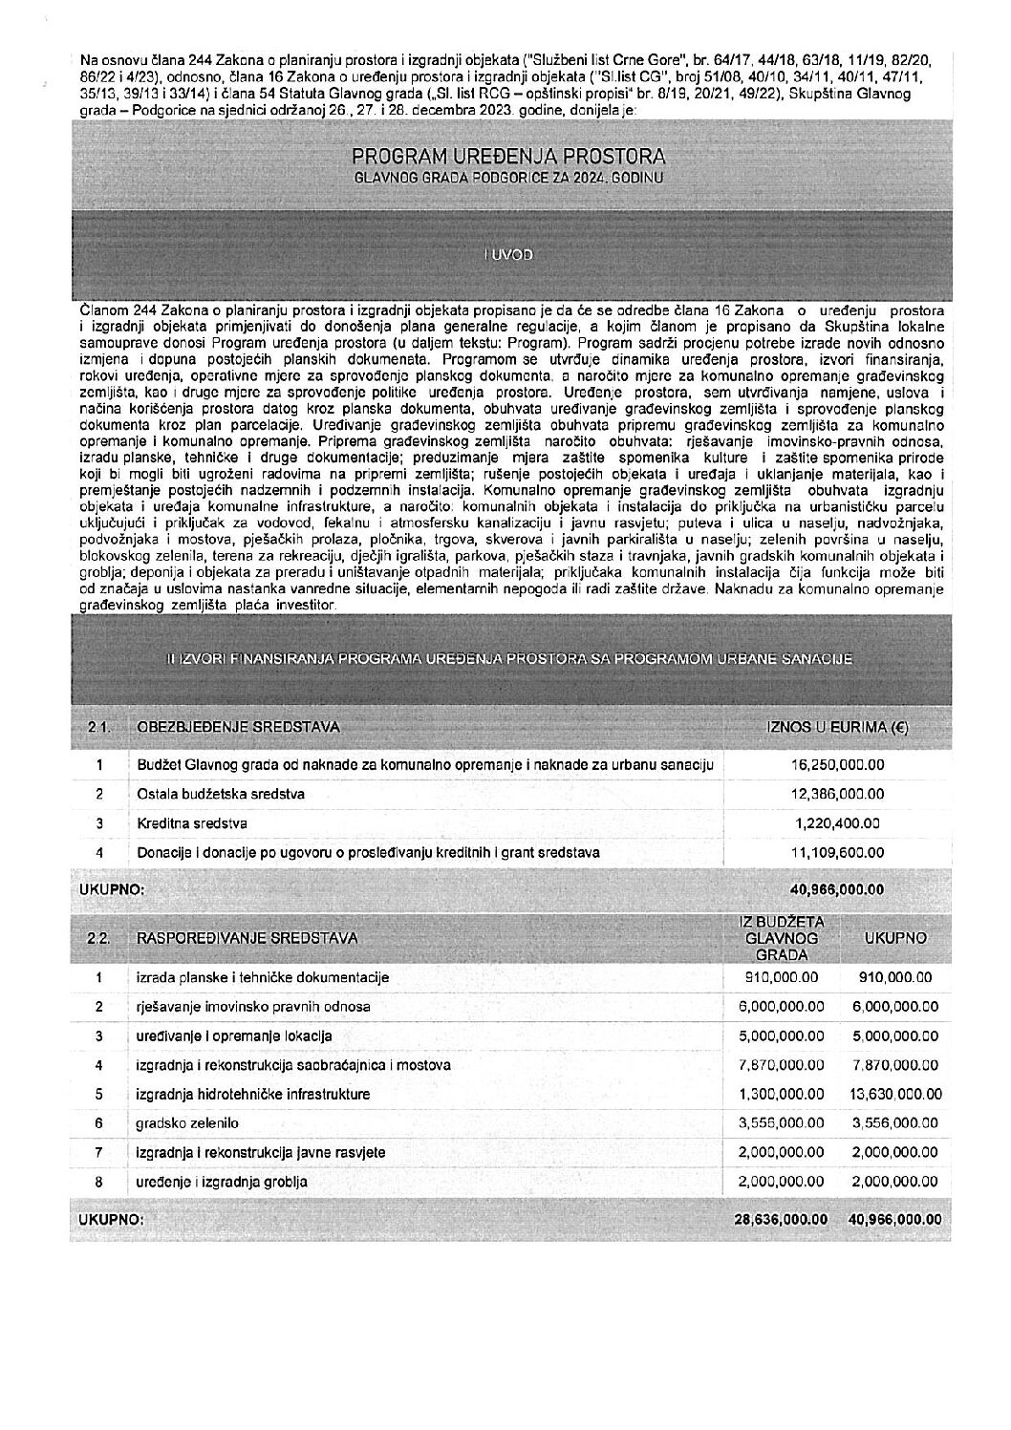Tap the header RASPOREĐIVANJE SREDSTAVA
point(247,938)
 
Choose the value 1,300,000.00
point(781,1094)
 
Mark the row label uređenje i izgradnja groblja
point(222,1182)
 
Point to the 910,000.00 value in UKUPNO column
point(893,977)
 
